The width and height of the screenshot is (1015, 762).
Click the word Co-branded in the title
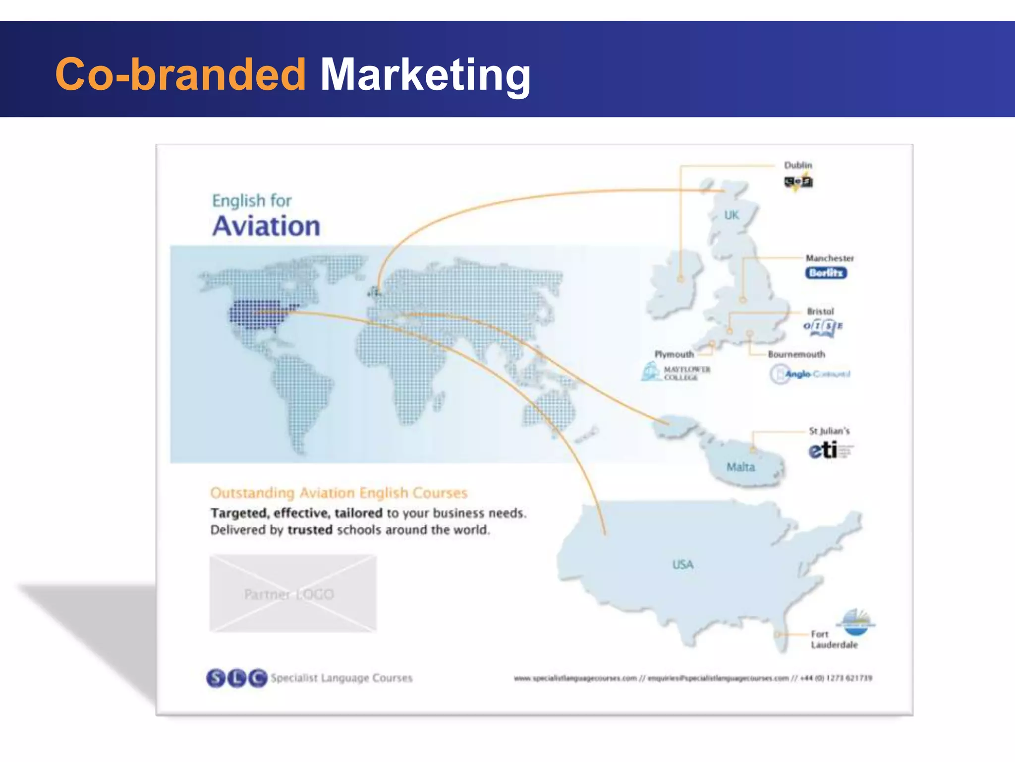pyautogui.click(x=180, y=74)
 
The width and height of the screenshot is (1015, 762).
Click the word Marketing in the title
pyautogui.click(x=425, y=75)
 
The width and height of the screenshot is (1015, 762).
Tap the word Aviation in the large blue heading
pyautogui.click(x=266, y=226)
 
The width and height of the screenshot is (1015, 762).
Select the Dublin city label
pyautogui.click(x=798, y=165)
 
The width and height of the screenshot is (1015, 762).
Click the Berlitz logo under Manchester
pyautogui.click(x=826, y=273)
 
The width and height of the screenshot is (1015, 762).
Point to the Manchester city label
pyautogui.click(x=830, y=258)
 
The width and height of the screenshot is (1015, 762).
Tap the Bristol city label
pyautogui.click(x=820, y=312)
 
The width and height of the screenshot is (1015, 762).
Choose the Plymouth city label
pyautogui.click(x=674, y=354)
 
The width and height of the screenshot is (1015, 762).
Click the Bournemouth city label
pyautogui.click(x=796, y=354)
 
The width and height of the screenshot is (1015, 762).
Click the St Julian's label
pyautogui.click(x=829, y=431)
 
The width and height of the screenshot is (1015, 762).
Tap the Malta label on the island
pyautogui.click(x=740, y=467)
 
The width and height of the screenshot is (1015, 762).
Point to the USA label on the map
pyautogui.click(x=683, y=565)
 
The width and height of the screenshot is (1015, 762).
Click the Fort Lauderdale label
pyautogui.click(x=834, y=639)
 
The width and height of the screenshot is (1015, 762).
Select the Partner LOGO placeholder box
pyautogui.click(x=293, y=593)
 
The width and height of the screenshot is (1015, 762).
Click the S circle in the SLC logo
pyautogui.click(x=216, y=678)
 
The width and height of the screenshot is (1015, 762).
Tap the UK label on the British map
pyautogui.click(x=732, y=215)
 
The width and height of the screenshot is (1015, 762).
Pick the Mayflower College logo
pyautogui.click(x=676, y=373)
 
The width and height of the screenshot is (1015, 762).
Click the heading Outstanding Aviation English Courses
pyautogui.click(x=338, y=493)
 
